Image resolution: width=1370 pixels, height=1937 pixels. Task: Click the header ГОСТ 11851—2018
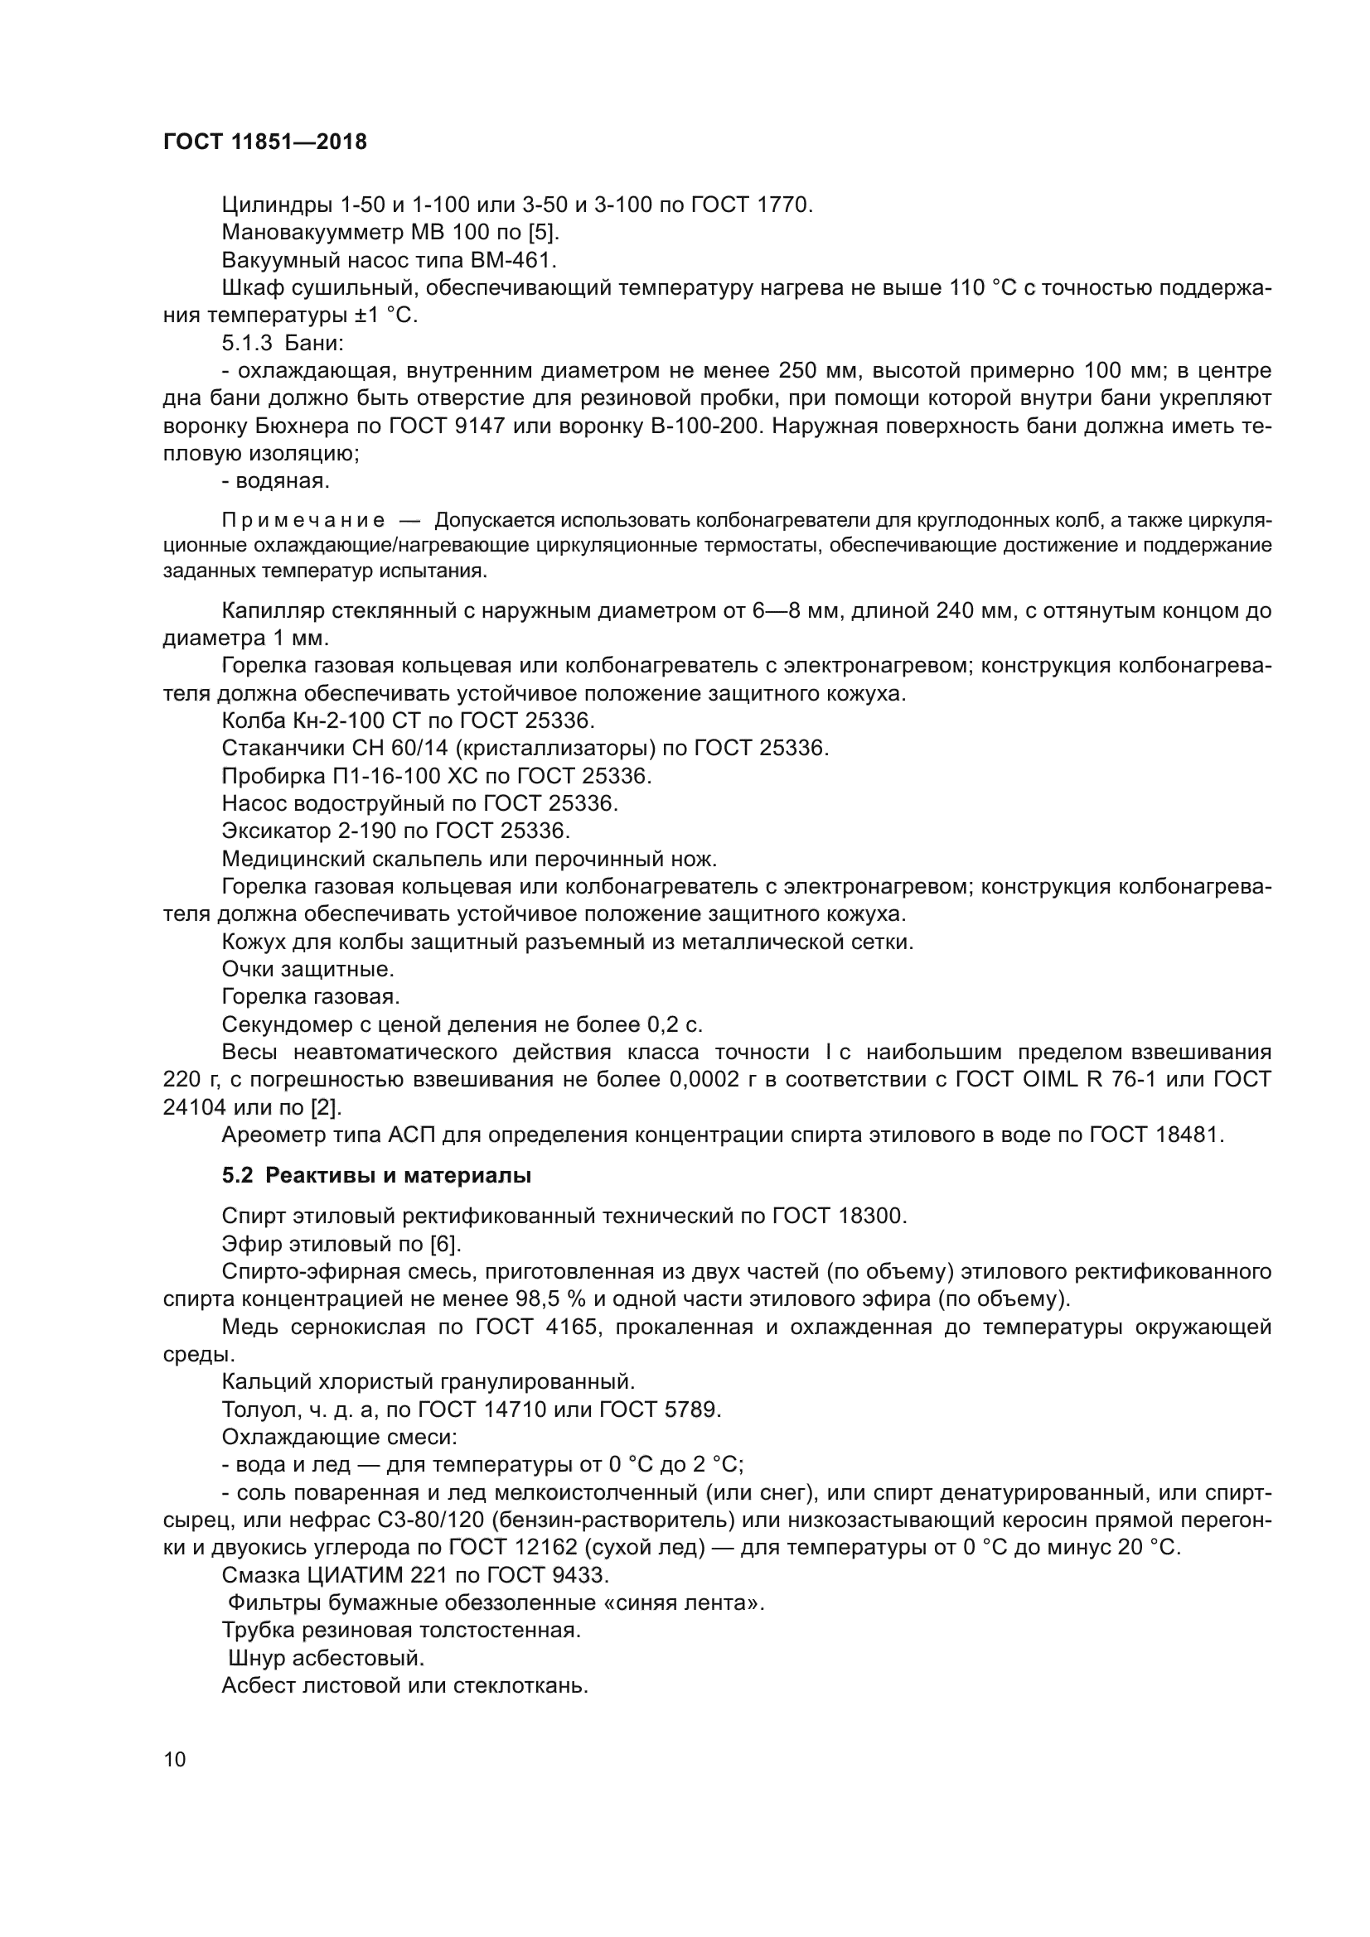coord(265,142)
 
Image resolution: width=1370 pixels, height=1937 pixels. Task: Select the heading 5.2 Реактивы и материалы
coord(376,1175)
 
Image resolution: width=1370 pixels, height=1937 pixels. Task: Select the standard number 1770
coord(783,205)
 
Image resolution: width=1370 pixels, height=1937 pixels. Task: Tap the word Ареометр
coord(273,1135)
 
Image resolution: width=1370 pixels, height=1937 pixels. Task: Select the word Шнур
coord(254,1658)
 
